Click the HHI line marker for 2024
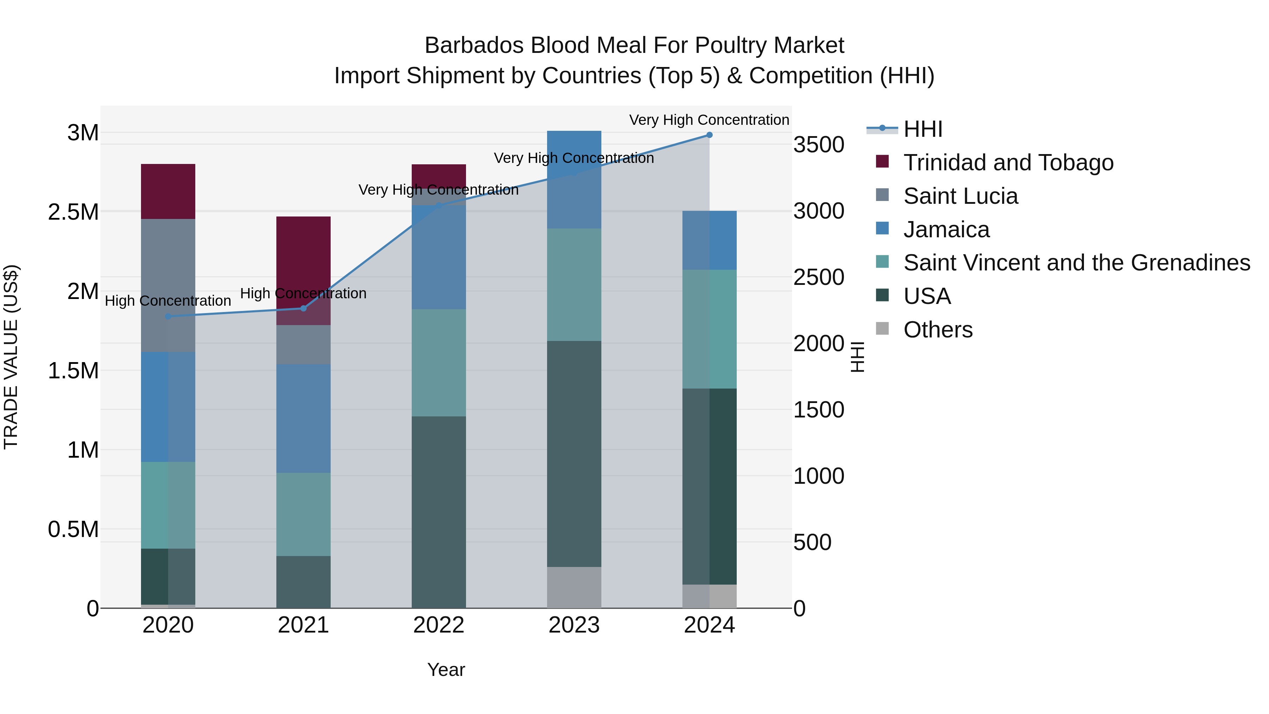point(709,135)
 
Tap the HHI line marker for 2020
point(168,316)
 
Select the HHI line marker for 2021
point(304,309)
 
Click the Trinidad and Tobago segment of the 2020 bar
point(168,191)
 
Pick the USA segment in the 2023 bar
point(574,453)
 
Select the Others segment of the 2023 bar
point(574,587)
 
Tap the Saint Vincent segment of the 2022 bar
point(439,363)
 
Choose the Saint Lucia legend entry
point(960,196)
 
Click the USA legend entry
point(927,296)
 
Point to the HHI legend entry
point(922,129)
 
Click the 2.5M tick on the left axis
point(73,212)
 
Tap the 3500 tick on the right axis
point(818,145)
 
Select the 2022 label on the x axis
point(439,625)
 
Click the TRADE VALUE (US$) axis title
point(11,357)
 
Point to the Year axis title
point(446,670)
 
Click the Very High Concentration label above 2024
point(709,120)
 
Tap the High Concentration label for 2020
point(168,300)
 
